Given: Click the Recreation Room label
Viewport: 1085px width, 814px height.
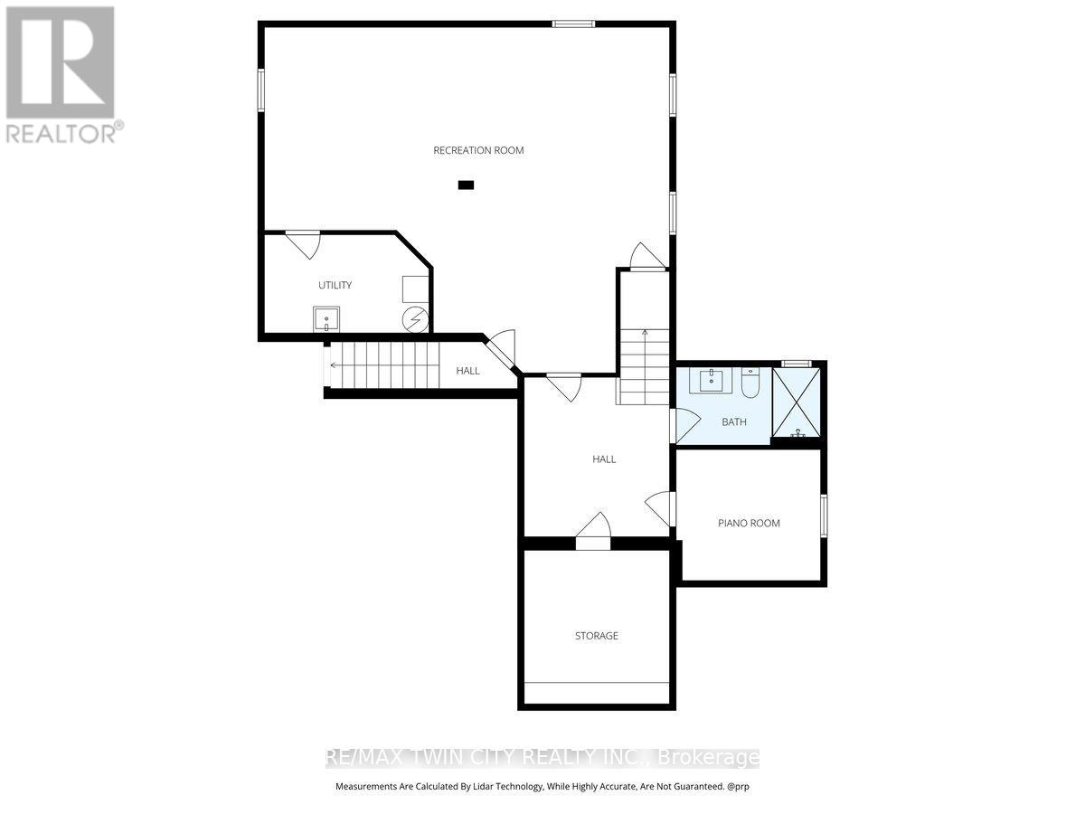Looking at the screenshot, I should (x=478, y=150).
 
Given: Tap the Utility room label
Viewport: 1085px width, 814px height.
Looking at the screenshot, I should (x=335, y=285).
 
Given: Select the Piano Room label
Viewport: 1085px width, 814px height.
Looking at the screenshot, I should (x=749, y=523).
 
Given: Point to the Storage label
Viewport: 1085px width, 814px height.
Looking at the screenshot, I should (x=597, y=636).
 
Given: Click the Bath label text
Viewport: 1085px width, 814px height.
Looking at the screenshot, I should (x=733, y=421).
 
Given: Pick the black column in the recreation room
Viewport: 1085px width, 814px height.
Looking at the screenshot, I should (x=466, y=185).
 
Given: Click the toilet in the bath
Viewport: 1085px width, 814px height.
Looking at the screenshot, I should (x=750, y=385).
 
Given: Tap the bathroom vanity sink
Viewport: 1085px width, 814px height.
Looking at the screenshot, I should (x=712, y=380).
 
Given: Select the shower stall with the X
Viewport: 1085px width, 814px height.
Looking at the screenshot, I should (x=797, y=402).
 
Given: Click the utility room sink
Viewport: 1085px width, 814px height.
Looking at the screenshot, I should (x=326, y=319).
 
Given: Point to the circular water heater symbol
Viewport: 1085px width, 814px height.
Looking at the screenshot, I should (x=416, y=319).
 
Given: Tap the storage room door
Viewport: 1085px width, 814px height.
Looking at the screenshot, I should (x=592, y=528).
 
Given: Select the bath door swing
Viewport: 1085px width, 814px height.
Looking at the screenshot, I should (x=685, y=423).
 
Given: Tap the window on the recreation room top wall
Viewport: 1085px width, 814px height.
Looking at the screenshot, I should (x=574, y=24).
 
